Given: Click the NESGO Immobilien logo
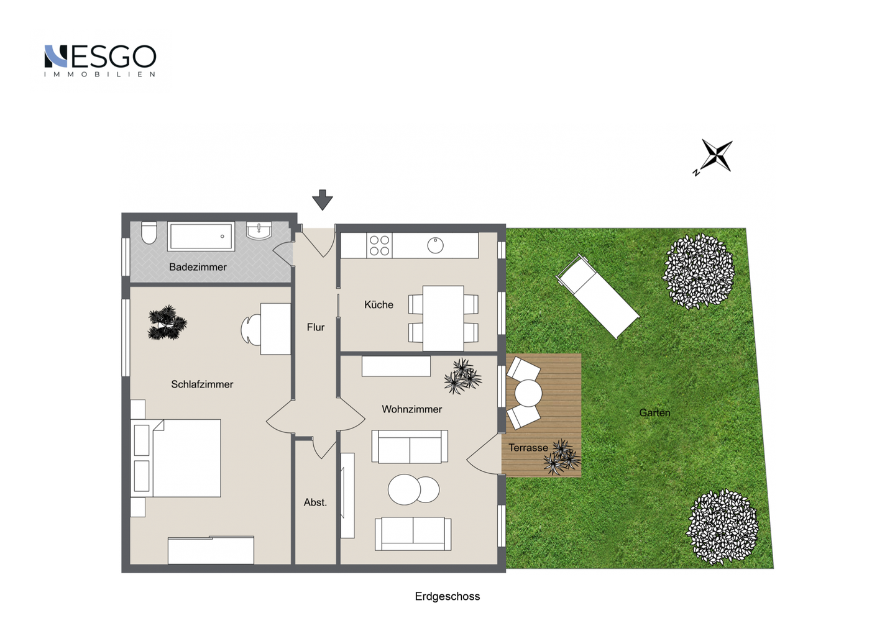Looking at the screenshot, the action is point(100,61).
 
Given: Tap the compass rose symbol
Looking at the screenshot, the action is point(715,156).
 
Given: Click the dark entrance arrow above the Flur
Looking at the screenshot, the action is point(323,200).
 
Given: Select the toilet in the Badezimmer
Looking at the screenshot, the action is point(149,232).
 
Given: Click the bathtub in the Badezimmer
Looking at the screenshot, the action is point(201,237).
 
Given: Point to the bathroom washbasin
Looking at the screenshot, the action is point(259,231).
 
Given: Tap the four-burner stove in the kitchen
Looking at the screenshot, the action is point(379,245).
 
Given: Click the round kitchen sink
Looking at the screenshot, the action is point(435,245).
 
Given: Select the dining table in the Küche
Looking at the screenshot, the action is point(443,318).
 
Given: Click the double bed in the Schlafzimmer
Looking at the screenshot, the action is point(176,458).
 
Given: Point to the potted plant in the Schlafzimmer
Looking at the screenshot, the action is point(167,323).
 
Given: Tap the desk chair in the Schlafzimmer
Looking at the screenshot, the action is point(250,330).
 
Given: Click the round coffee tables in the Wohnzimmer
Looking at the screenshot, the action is point(413,489).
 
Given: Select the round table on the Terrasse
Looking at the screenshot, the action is point(528,393).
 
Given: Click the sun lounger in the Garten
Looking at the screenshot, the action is point(598,296).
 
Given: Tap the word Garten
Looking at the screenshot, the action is point(654,412).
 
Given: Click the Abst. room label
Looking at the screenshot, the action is point(315,502).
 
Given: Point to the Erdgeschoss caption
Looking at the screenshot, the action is point(447,596).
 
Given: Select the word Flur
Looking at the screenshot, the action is point(316,327).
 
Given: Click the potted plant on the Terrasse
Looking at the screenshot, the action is point(562,457).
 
